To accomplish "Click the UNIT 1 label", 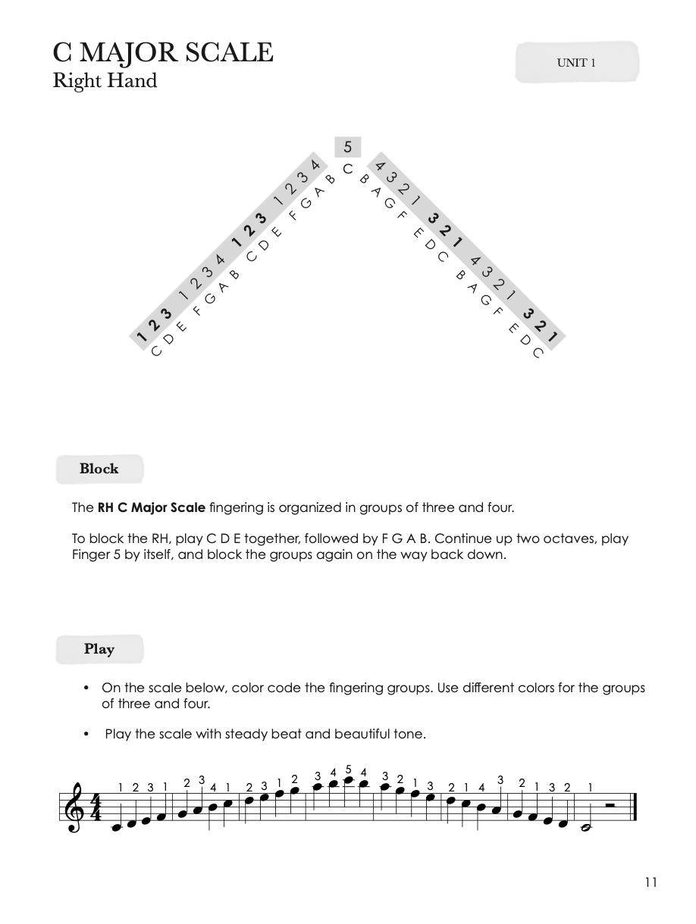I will tap(576, 63).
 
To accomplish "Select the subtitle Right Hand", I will tap(105, 81).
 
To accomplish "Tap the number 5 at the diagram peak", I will tap(348, 147).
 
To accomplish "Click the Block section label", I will tap(99, 469).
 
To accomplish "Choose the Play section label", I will tap(99, 649).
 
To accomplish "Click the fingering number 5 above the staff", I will tap(348, 770).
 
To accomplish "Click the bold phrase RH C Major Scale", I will tap(152, 507).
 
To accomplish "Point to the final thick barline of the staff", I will tap(633, 807).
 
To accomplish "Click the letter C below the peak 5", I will tap(347, 169).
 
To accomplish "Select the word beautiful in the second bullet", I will tap(330, 734).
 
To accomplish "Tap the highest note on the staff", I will tap(348, 781).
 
